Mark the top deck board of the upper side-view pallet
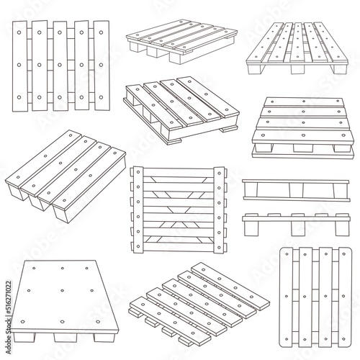coord(298,182)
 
